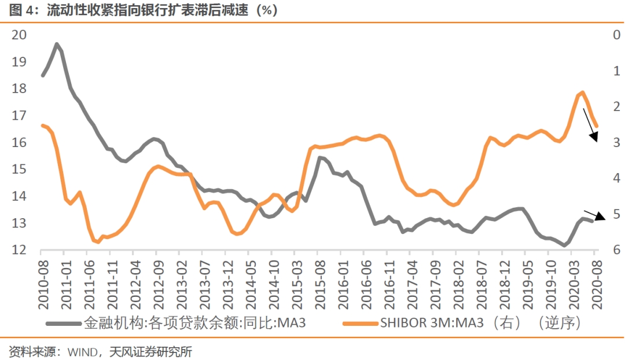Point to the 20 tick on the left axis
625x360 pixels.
(x=19, y=35)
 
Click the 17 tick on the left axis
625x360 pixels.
(x=19, y=116)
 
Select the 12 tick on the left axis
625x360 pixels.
(x=19, y=250)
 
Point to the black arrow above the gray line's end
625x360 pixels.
(x=594, y=215)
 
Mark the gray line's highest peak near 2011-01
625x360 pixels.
(x=56, y=44)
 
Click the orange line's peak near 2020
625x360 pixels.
(x=582, y=92)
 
